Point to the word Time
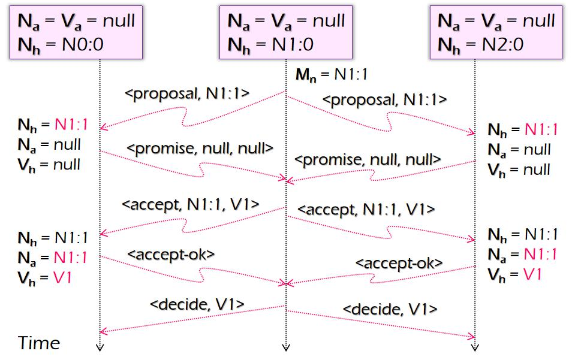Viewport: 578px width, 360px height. click(x=39, y=343)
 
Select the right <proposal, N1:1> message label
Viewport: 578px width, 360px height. click(x=384, y=99)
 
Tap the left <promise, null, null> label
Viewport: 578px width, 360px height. click(x=200, y=147)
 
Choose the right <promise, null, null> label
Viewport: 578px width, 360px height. click(x=368, y=160)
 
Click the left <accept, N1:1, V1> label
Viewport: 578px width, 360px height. click(x=190, y=204)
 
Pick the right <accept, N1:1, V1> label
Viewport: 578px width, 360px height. click(x=365, y=210)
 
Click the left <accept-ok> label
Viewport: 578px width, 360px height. click(x=171, y=253)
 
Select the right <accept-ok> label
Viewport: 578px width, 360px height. click(x=399, y=262)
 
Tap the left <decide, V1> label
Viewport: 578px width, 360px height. click(x=197, y=304)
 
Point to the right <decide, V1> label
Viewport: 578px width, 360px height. click(x=389, y=310)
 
